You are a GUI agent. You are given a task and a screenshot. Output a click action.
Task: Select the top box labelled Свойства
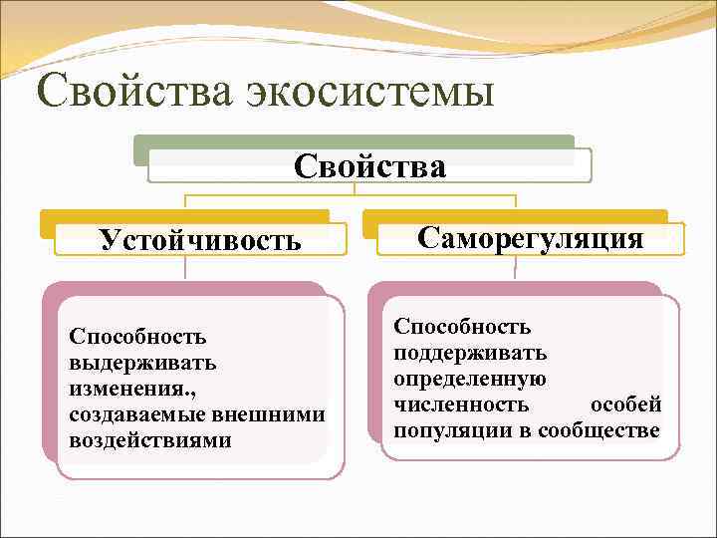(369, 165)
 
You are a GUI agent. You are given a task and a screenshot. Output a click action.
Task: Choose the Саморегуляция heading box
(530, 237)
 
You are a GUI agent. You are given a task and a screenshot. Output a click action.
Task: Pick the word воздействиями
(150, 439)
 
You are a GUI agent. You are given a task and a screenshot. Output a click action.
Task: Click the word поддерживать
(470, 353)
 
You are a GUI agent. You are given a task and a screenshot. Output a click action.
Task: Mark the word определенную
(469, 379)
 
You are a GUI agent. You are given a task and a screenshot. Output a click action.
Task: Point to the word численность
(461, 404)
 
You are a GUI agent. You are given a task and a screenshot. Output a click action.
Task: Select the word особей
(625, 404)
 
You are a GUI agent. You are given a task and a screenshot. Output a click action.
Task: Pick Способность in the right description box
(462, 327)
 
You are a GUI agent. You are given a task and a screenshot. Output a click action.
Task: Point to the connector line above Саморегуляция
(515, 201)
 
